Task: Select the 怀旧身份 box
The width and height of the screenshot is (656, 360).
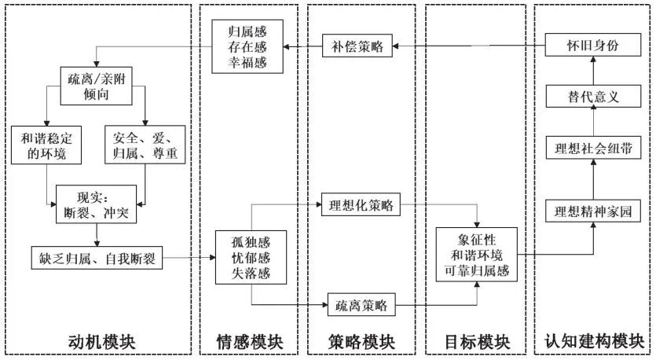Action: click(593, 46)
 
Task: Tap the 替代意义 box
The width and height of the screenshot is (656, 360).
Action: click(593, 97)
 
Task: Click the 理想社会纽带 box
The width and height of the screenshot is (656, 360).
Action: click(593, 149)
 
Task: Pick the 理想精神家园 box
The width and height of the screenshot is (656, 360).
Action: click(593, 211)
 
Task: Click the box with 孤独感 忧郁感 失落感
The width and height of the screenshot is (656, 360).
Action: click(250, 257)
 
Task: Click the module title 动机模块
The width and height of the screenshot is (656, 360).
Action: click(101, 343)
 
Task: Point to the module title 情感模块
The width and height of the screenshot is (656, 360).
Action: click(249, 343)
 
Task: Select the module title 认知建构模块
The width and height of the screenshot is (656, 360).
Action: click(593, 343)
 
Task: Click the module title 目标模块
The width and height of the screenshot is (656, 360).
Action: click(477, 343)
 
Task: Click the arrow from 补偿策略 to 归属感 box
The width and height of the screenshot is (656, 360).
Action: click(302, 46)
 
